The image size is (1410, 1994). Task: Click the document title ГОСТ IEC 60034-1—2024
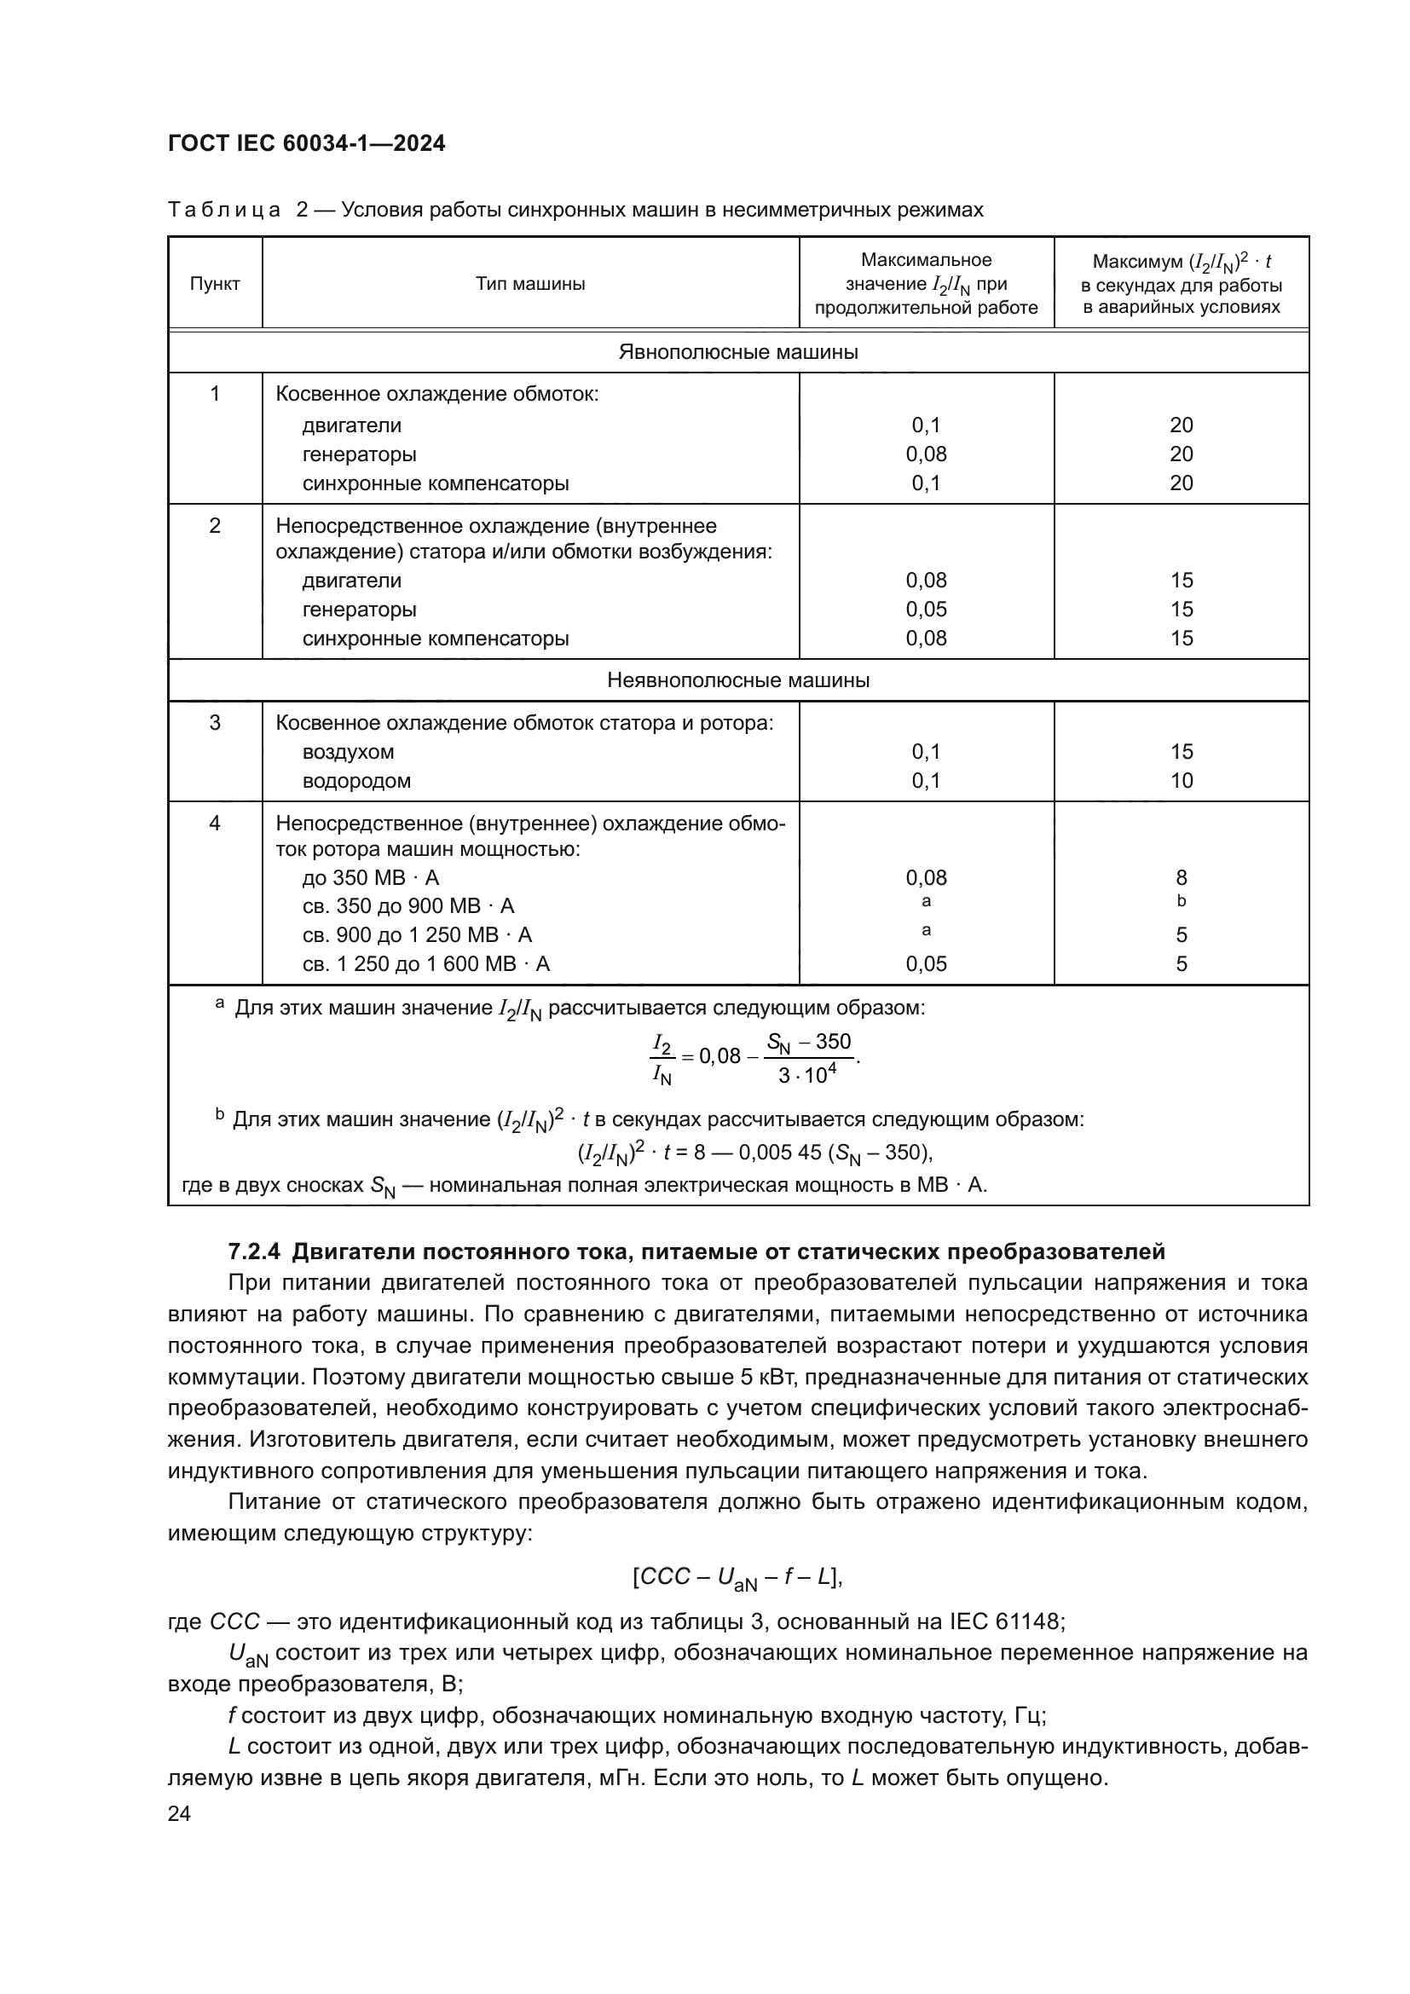pos(307,143)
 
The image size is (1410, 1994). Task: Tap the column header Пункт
pos(215,284)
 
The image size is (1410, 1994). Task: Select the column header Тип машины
pos(529,284)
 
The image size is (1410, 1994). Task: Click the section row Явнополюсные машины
pos(738,352)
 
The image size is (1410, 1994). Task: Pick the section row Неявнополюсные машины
pos(738,680)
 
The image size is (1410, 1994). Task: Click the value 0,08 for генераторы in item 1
pos(926,454)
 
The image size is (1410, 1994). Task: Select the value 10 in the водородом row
pos(1181,781)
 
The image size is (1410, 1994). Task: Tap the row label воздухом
pos(348,752)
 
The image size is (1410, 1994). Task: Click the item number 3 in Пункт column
pos(215,723)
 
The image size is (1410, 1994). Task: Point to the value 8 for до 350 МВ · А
pos(1181,878)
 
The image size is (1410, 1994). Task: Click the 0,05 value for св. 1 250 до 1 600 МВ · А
pos(926,964)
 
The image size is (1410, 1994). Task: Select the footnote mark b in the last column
pos(1181,901)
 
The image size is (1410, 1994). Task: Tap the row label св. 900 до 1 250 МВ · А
pos(417,935)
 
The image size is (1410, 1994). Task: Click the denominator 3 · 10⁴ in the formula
pos(806,1076)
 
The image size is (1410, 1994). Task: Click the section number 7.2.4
pos(255,1252)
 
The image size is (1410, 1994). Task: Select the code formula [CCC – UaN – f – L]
pos(738,1577)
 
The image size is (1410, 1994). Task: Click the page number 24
pos(179,1813)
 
